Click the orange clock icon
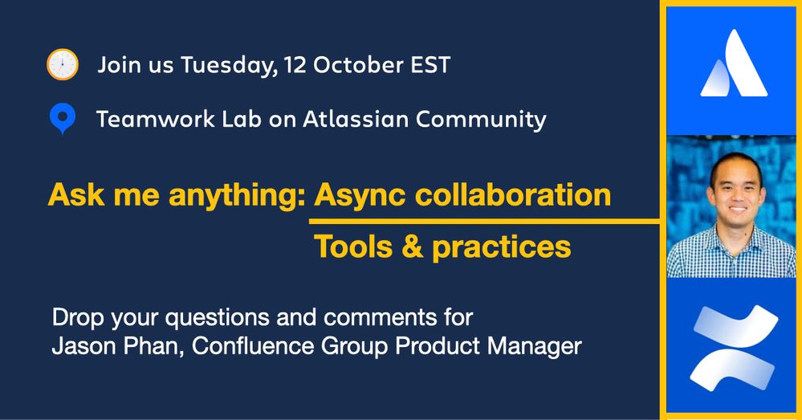[x=63, y=64]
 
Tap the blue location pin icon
[x=63, y=119]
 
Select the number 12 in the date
[x=295, y=65]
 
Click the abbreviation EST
[x=430, y=65]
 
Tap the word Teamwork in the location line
[x=156, y=119]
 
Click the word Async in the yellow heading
[x=360, y=195]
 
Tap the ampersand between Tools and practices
[x=413, y=247]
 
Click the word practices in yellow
[x=501, y=247]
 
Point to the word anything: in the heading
[x=238, y=195]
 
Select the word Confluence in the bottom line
[x=253, y=346]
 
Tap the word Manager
[x=535, y=346]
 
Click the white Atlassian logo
[x=734, y=63]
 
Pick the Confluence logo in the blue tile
[x=734, y=349]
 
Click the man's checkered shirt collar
[x=735, y=236]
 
